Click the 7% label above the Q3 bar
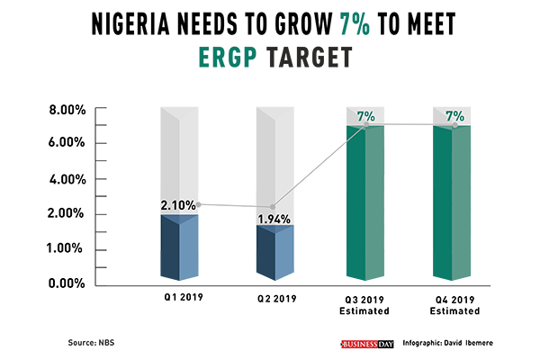click(x=365, y=116)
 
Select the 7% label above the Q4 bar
click(x=454, y=116)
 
